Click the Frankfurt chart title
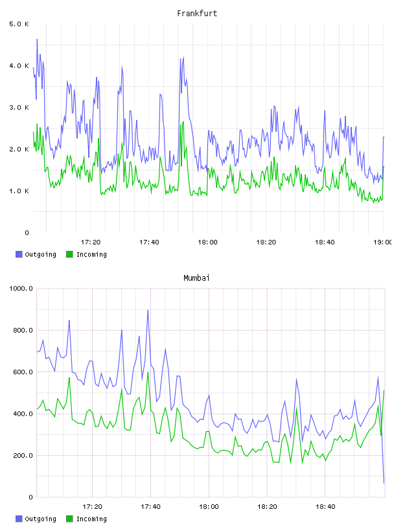197,14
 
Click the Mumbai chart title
196,278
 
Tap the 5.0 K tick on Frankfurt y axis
19,24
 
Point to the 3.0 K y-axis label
19,108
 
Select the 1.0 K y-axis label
19,191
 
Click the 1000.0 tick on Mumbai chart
21,288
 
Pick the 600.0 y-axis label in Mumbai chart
23,372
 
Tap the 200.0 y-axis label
23,456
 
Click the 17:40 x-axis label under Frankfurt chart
149,242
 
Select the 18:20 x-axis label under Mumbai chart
267,507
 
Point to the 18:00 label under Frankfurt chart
207,242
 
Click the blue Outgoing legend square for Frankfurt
19,254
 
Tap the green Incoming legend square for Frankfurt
69,254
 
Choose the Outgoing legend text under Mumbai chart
40,519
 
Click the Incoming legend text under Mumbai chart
91,519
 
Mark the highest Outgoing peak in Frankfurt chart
37,39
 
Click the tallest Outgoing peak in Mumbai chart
148,310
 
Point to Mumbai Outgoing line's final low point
384,483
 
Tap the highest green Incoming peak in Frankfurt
183,122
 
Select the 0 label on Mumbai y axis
30,497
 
